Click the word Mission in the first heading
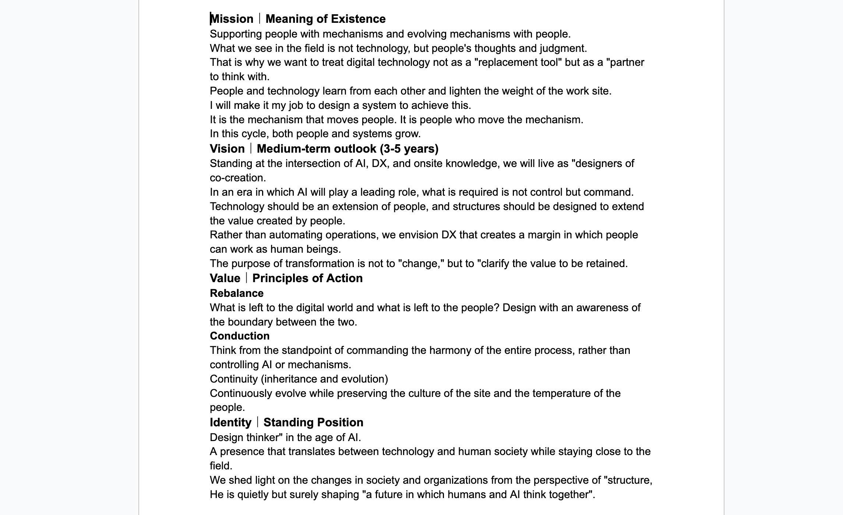(x=232, y=19)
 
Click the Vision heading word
(x=227, y=149)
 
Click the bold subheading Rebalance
(x=237, y=293)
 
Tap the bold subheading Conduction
(x=240, y=336)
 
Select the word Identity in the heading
(x=230, y=422)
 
